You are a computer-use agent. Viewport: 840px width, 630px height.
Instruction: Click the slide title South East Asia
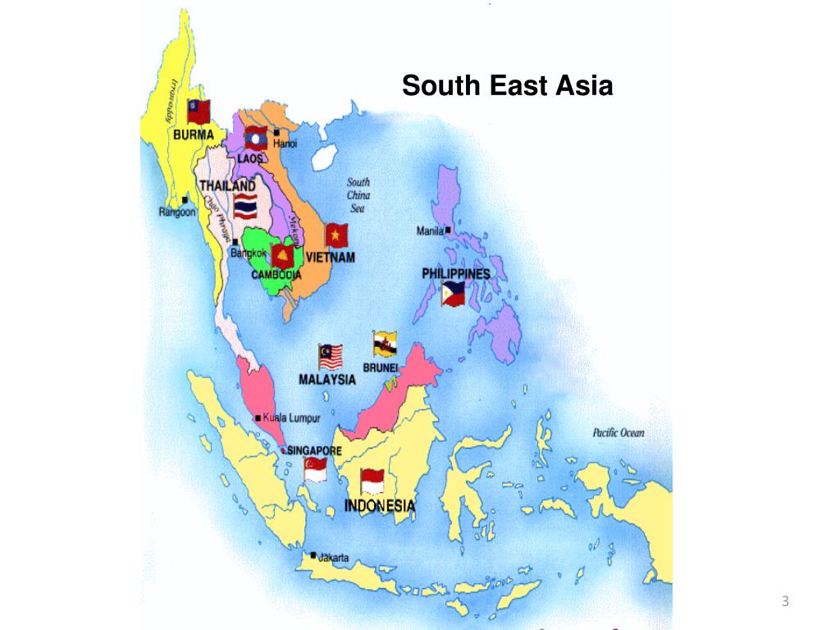point(507,85)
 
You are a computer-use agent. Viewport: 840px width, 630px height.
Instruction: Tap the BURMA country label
point(193,135)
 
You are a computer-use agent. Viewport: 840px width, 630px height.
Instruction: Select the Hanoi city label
point(285,144)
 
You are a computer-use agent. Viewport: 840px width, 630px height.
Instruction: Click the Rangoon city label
point(177,212)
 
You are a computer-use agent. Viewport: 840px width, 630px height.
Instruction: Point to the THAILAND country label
point(227,185)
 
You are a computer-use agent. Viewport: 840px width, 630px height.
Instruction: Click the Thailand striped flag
point(245,205)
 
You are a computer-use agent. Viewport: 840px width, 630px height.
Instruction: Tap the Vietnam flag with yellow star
point(336,235)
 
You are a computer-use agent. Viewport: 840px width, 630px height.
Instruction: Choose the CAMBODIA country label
point(276,275)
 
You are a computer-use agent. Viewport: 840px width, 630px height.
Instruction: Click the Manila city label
point(430,231)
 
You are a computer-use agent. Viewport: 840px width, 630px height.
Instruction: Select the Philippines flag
point(453,293)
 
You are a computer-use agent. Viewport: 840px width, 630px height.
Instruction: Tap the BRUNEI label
point(380,368)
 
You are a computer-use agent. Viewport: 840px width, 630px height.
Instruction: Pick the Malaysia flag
point(330,357)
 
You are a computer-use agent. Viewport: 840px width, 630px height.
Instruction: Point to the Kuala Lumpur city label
point(291,418)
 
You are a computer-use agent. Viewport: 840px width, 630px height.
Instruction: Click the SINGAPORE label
point(314,451)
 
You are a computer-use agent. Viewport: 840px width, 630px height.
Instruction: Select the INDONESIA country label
point(379,505)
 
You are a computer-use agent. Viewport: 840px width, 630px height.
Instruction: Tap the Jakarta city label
point(333,558)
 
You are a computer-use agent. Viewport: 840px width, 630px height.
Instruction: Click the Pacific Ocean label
point(619,433)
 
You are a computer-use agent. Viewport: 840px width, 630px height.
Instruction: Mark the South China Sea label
point(358,195)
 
